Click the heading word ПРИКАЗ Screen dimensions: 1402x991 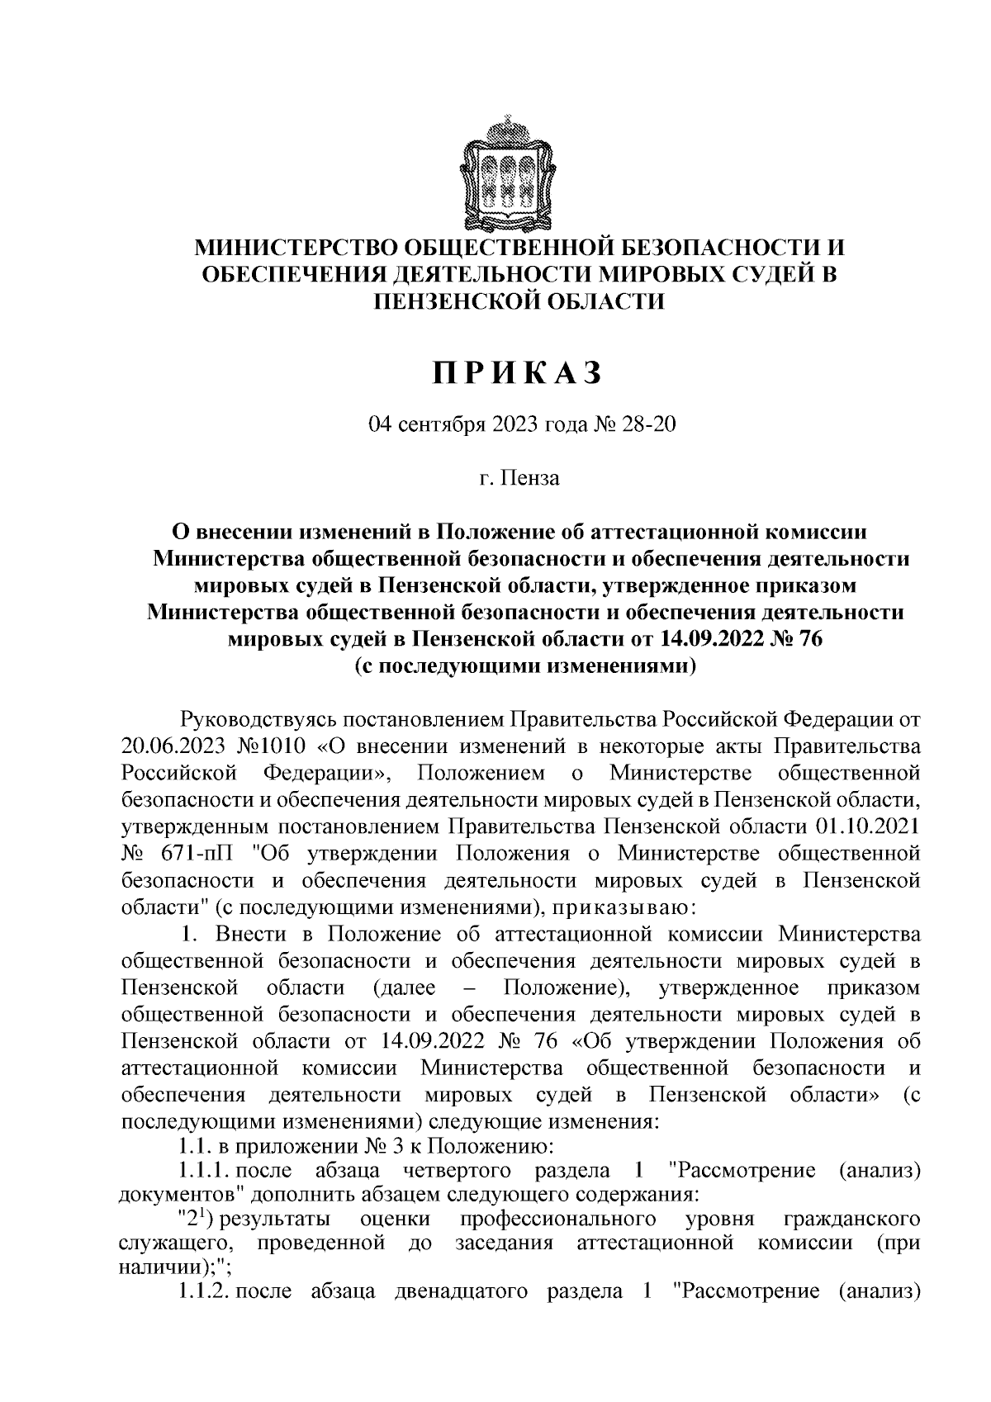518,373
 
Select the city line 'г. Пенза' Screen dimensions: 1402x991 518,477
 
